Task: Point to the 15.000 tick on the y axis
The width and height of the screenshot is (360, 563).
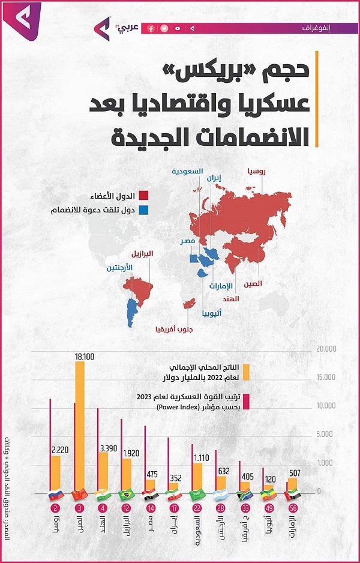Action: coord(328,377)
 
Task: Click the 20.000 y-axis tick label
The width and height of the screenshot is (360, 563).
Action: coord(328,349)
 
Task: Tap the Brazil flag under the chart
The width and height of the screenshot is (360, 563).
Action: coord(126,495)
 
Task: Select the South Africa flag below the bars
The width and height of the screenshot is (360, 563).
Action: coord(244,495)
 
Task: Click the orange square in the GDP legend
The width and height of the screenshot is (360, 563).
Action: coord(245,372)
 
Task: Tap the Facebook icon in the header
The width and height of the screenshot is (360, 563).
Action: coord(151,28)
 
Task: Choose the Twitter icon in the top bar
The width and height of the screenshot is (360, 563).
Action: coord(164,28)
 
